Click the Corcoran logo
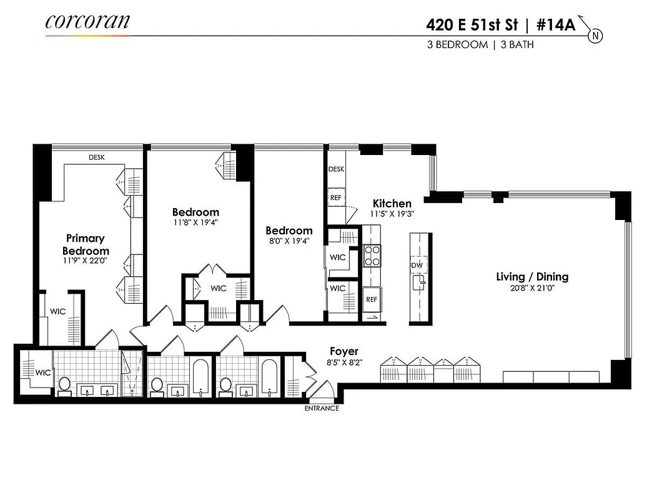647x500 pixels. pos(87,21)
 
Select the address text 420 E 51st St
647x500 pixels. pos(472,25)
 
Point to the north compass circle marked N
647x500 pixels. pos(595,36)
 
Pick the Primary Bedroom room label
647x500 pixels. pos(85,244)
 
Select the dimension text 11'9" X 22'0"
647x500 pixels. pos(85,260)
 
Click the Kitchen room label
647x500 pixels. pos(392,204)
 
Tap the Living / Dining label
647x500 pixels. pos(532,277)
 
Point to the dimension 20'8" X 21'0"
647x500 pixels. pos(532,288)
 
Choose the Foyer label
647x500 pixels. pos(344,352)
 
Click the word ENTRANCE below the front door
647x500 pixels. pos(322,409)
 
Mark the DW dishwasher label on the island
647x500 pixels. pos(417,266)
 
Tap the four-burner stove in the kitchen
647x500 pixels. pos(372,256)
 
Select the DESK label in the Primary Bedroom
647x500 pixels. pos(96,157)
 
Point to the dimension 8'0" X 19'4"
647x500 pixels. pos(289,241)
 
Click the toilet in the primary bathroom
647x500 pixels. pos(64,384)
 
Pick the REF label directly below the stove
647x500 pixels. pos(372,299)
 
